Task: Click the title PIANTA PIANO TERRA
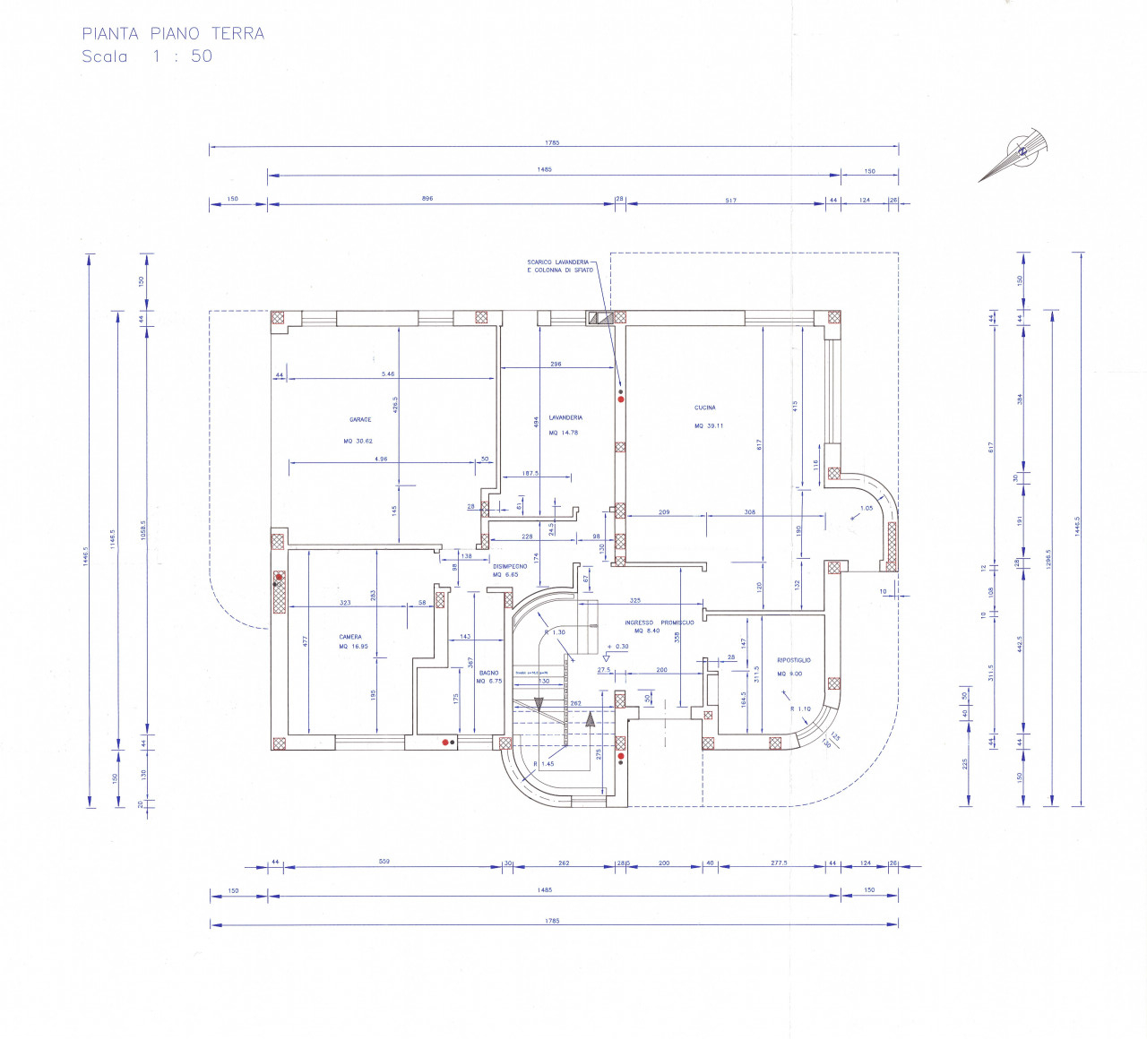click(173, 34)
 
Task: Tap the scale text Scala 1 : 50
click(147, 56)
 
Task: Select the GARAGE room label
click(360, 419)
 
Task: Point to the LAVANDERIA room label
click(565, 417)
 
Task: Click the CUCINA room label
click(705, 408)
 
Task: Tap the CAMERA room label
click(350, 637)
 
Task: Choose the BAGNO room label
click(488, 673)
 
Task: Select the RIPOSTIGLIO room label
click(794, 660)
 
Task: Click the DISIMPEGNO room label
click(510, 566)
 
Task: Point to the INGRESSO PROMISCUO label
click(660, 623)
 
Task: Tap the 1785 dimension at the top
click(552, 142)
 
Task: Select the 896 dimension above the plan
click(427, 198)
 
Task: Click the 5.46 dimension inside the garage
click(388, 374)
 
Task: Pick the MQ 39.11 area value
click(709, 426)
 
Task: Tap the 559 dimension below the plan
click(384, 862)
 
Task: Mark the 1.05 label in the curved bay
click(866, 508)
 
